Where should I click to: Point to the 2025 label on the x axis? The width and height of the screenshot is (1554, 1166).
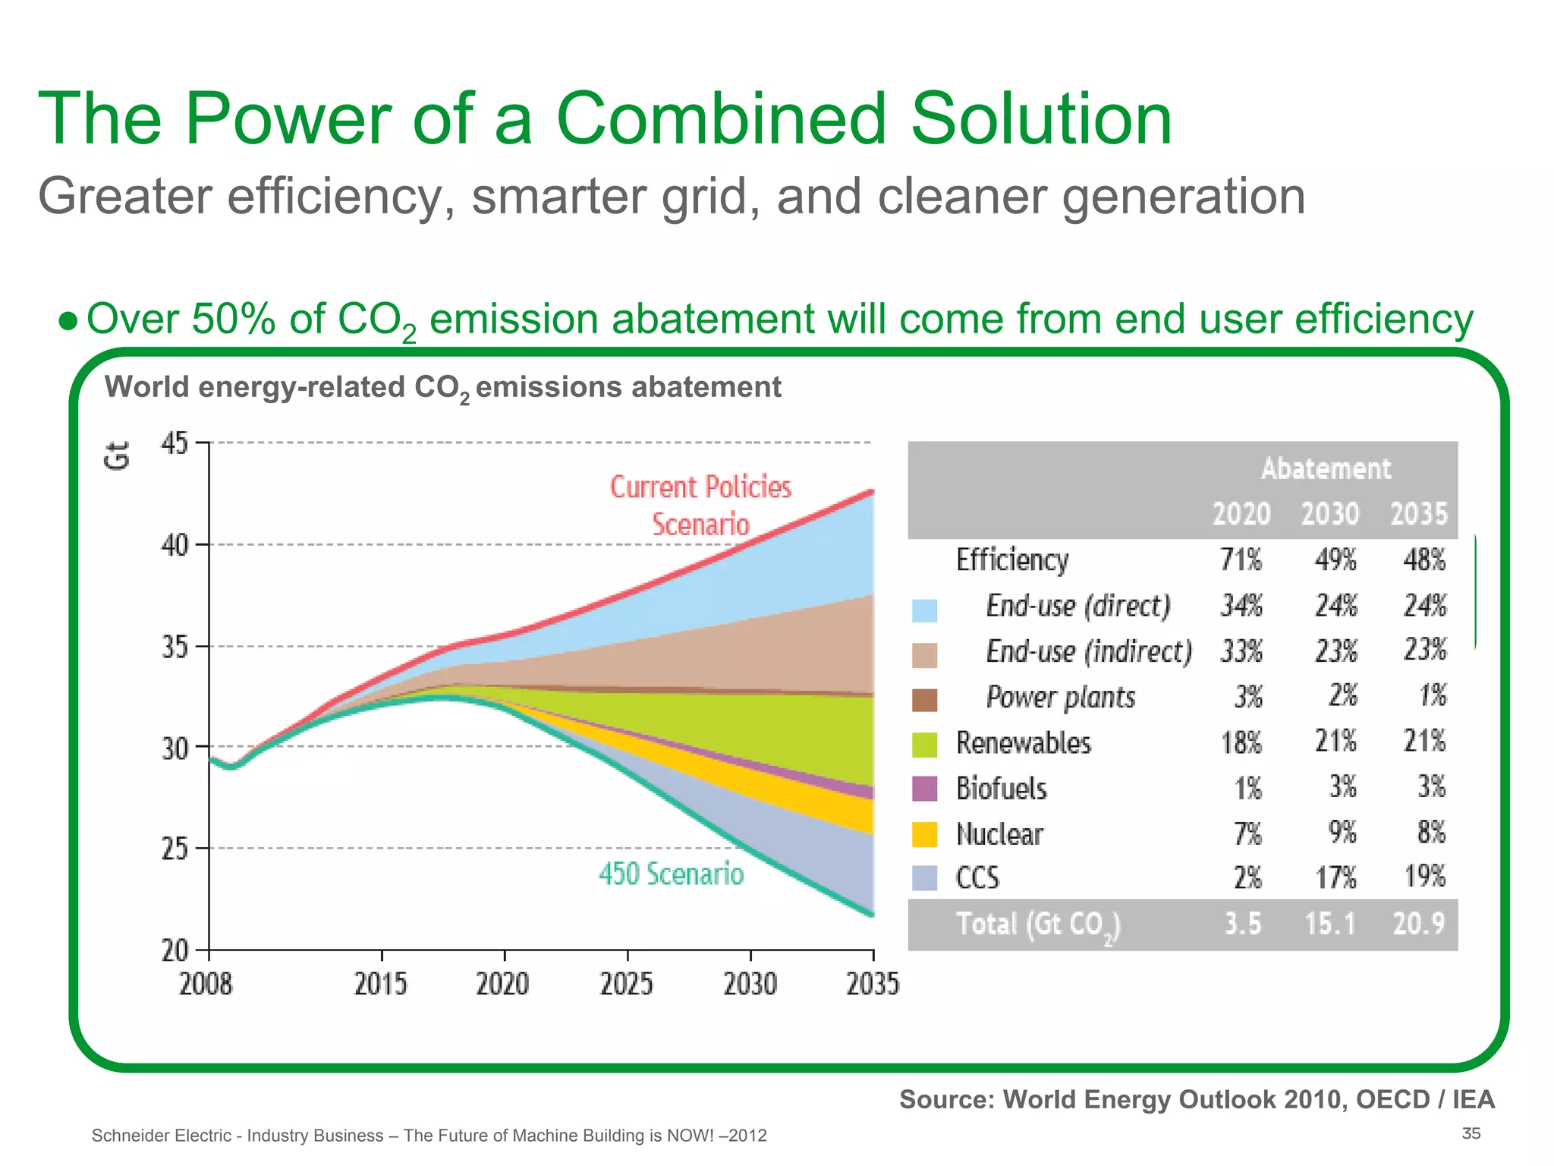627,985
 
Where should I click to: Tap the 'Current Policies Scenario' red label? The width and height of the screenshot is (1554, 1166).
700,506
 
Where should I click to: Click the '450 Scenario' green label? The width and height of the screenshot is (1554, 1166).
671,874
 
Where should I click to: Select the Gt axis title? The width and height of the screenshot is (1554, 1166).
118,456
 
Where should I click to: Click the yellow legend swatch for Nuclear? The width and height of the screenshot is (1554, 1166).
924,834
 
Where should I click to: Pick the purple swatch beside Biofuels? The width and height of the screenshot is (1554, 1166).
924,789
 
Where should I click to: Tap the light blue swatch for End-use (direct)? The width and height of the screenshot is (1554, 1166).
924,610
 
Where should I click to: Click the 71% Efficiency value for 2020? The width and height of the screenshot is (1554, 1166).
1241,560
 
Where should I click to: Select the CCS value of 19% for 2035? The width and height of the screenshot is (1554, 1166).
1424,877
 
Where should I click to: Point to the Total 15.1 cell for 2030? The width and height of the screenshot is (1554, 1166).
1329,924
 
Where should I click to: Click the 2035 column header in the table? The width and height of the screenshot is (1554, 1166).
1418,514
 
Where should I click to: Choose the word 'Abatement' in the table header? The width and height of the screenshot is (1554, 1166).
1326,468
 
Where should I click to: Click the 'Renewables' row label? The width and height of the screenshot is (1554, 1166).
1023,742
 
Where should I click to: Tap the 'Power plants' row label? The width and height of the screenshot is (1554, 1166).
1060,697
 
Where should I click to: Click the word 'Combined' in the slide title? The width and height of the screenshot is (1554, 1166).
721,119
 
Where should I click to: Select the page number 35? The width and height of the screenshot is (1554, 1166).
1471,1133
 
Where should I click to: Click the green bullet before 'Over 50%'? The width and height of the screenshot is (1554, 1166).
68,321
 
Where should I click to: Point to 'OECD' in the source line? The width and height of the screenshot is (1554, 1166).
1392,1099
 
